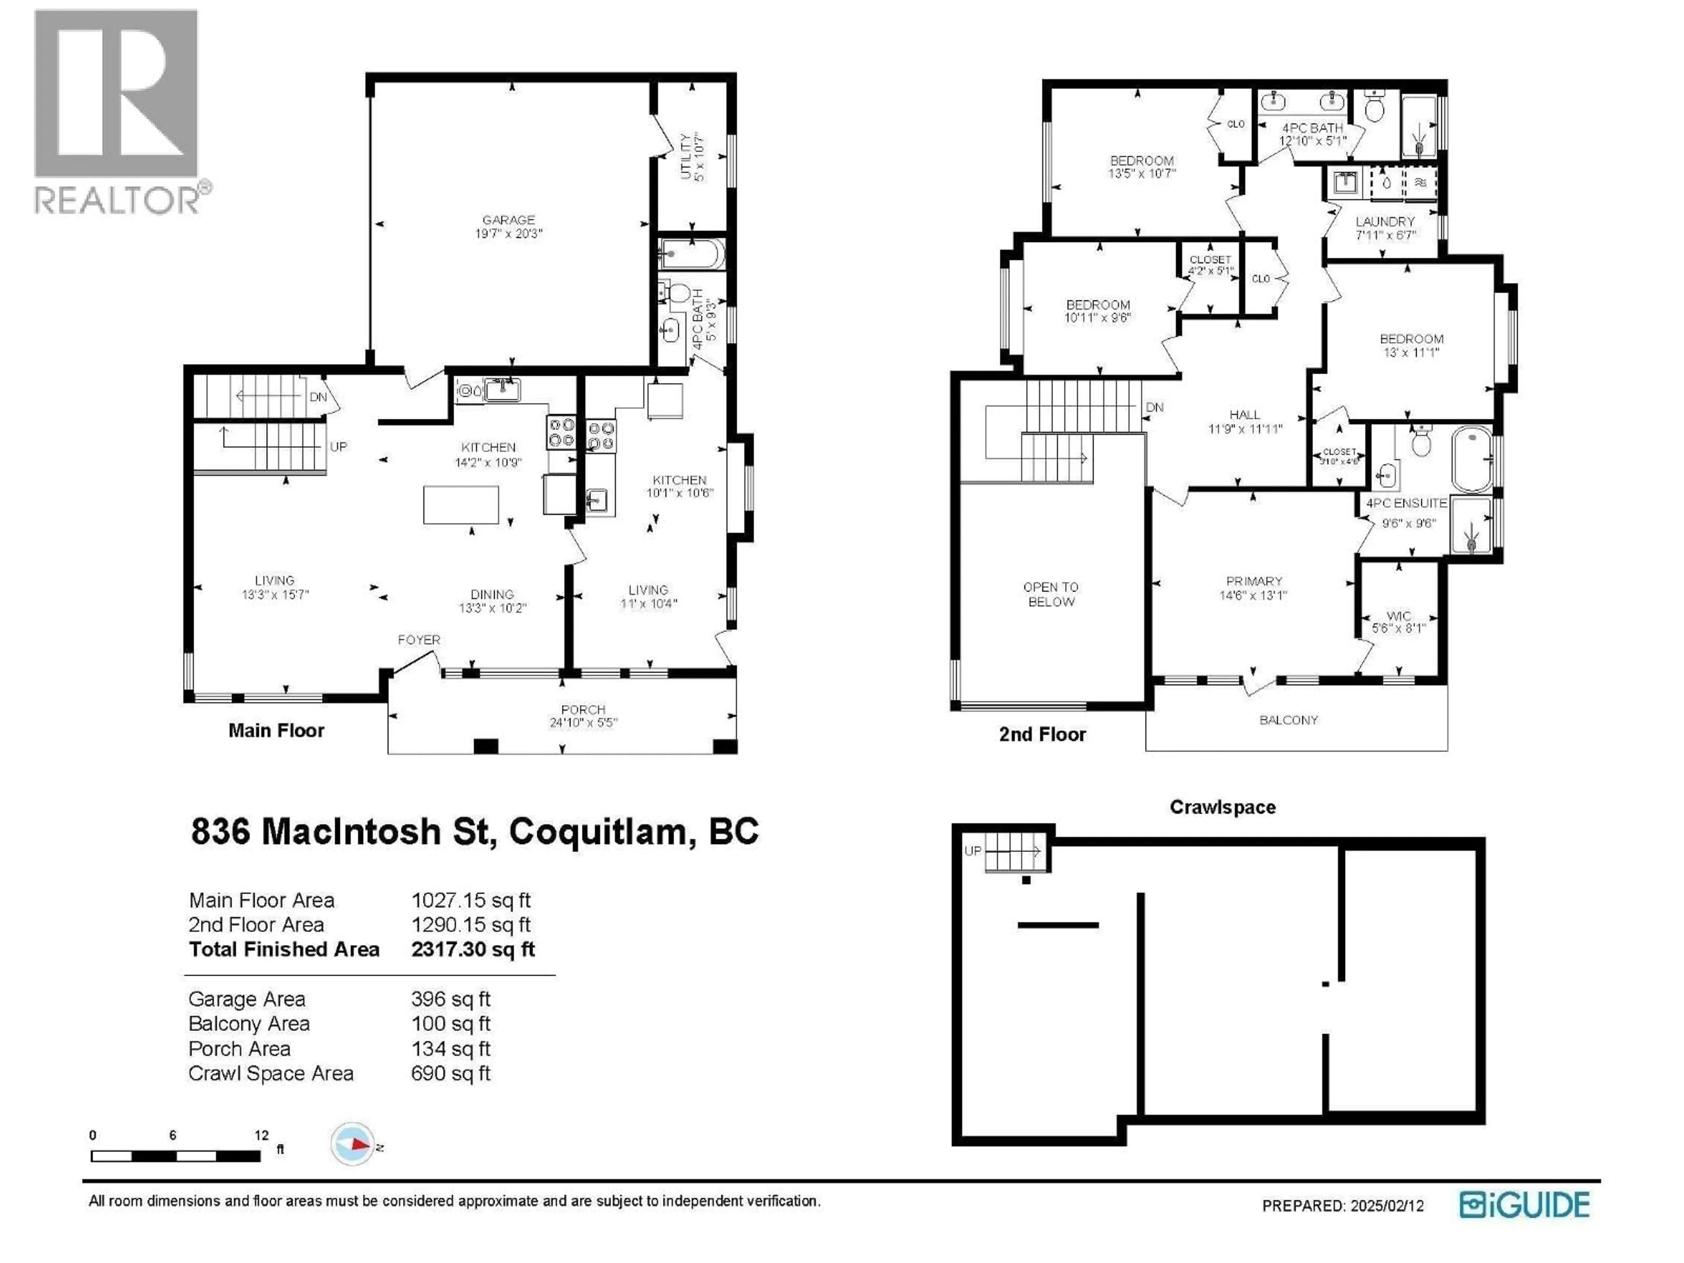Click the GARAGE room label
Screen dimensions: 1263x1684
point(509,220)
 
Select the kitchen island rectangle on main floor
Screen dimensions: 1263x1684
point(460,504)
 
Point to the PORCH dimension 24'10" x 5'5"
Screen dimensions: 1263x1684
point(583,722)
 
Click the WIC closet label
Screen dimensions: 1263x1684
point(1399,616)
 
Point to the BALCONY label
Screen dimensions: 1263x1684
point(1288,720)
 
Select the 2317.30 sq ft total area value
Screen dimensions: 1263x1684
point(473,949)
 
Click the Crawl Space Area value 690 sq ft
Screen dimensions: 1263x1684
point(451,1074)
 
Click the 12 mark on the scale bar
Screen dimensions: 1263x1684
point(261,1135)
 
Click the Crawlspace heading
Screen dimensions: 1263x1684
point(1223,807)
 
